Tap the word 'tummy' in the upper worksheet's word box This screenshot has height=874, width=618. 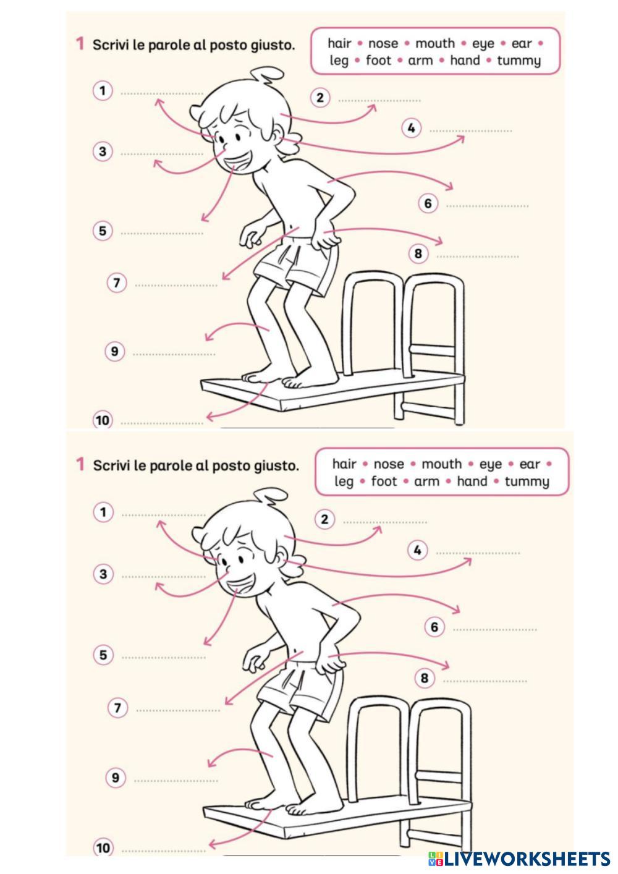pos(519,61)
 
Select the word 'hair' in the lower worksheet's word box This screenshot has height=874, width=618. pos(344,464)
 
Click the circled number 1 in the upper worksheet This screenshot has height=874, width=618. pos(103,91)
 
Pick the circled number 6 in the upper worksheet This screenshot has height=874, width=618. pos(428,203)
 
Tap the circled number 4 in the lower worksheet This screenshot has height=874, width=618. pos(418,551)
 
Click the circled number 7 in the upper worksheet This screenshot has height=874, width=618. pos(117,282)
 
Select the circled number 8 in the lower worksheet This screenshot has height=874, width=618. pos(425,677)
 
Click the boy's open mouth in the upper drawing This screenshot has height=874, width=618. pos(239,162)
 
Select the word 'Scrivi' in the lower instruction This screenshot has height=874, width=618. pos(111,465)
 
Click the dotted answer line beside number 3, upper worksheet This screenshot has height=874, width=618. pos(162,155)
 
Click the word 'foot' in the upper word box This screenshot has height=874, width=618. pos(378,61)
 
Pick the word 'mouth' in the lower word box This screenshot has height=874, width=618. pos(442,464)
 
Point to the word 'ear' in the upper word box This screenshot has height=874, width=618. pos(522,44)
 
